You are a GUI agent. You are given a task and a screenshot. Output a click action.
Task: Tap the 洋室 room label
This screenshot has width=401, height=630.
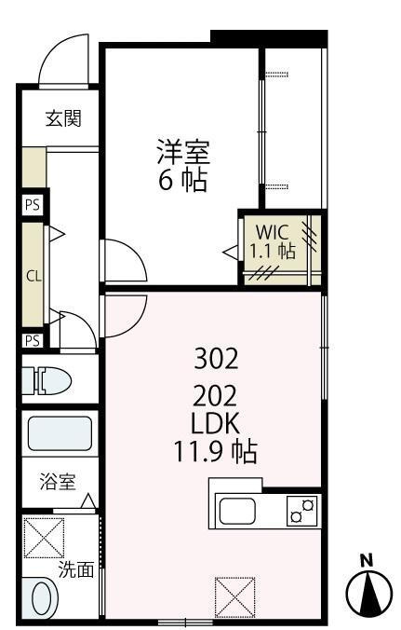182,150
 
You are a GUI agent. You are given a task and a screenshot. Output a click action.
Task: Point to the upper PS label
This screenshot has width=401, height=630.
33,206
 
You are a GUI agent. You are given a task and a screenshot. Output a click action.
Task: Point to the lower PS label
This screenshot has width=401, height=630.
33,340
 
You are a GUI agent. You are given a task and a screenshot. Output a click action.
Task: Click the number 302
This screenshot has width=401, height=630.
217,357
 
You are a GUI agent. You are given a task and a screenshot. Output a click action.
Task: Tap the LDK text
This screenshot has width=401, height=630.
216,422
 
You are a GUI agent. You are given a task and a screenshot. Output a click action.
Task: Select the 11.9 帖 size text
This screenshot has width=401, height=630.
216,453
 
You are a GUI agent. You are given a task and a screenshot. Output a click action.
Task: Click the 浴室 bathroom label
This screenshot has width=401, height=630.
56,482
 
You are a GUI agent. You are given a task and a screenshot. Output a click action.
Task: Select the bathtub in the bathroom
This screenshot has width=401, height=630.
60,433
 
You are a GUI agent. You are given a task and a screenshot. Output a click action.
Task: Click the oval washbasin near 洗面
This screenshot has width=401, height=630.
41,596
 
